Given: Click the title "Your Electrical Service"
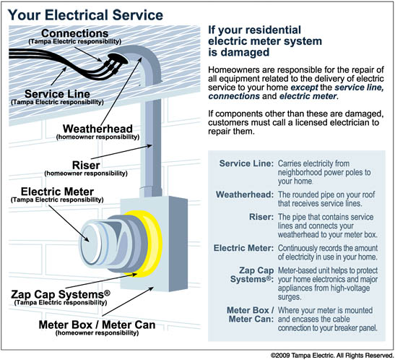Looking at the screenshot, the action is click(85, 15).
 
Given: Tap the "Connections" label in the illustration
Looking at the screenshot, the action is click(75, 33).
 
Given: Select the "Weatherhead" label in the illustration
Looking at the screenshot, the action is click(97, 129).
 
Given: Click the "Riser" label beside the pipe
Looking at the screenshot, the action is click(86, 166).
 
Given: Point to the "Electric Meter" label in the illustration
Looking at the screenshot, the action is click(57, 192).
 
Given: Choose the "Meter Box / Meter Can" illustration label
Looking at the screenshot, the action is click(97, 325).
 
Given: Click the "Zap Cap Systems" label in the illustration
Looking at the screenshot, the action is click(61, 294).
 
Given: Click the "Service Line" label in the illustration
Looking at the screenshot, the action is click(57, 94).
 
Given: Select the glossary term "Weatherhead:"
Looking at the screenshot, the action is click(245, 194).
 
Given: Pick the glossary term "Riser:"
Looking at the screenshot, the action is click(261, 217).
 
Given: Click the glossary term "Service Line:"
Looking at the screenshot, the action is click(246, 163).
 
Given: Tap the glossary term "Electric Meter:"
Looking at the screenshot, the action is click(243, 248).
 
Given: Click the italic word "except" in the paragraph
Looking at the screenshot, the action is click(304, 87).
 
